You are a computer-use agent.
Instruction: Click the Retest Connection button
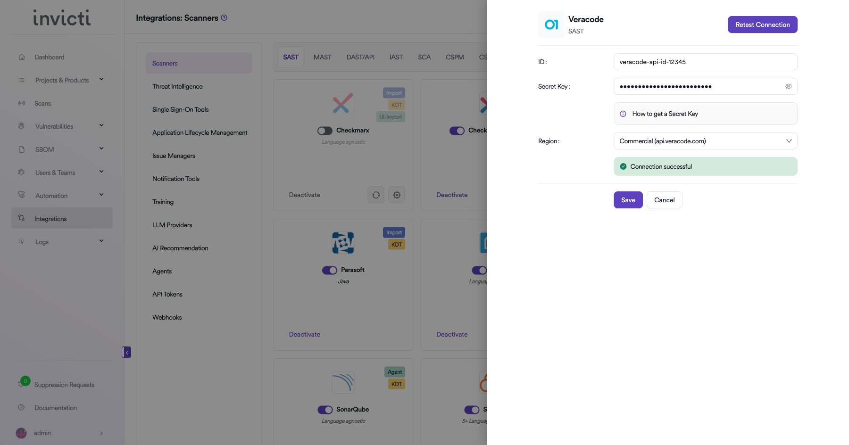[x=762, y=25]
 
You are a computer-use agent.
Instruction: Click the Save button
[x=628, y=200]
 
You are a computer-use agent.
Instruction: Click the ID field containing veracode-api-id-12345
[x=705, y=62]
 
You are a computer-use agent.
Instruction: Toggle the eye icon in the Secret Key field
[x=788, y=86]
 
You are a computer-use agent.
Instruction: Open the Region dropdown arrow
[x=789, y=141]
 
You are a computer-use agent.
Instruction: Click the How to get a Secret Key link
[x=665, y=114]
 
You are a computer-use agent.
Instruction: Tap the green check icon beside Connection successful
[x=623, y=166]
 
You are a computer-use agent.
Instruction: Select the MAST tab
[x=323, y=57]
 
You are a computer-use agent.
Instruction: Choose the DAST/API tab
[x=360, y=57]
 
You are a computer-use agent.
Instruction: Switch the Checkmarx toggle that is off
[x=325, y=131]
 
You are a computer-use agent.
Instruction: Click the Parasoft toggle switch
[x=330, y=270]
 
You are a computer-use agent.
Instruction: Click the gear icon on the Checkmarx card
[x=397, y=195]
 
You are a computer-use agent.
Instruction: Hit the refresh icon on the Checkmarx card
[x=376, y=195]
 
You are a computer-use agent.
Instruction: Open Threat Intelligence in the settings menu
[x=177, y=86]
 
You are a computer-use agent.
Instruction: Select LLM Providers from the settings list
[x=172, y=225]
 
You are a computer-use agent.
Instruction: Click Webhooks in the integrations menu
[x=167, y=317]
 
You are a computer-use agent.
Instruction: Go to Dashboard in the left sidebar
[x=49, y=57]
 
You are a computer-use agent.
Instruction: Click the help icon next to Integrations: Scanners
[x=224, y=17]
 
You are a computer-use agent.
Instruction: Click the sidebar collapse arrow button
[x=126, y=352]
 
